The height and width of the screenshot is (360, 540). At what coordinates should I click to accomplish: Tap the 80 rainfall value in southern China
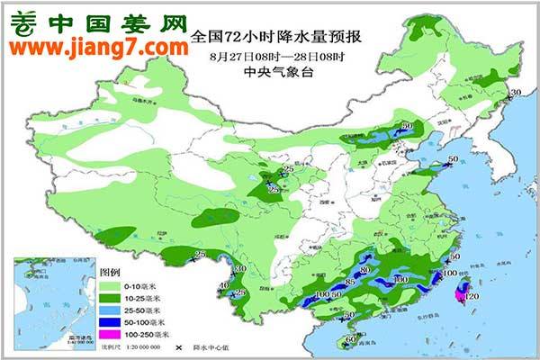click(x=364, y=270)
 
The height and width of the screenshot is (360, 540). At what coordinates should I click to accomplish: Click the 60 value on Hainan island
click(x=351, y=339)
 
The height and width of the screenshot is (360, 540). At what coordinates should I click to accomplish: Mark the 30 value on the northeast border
click(x=516, y=94)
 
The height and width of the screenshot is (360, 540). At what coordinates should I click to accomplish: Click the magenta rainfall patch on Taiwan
click(x=464, y=293)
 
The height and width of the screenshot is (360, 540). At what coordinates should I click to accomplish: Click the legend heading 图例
click(x=110, y=271)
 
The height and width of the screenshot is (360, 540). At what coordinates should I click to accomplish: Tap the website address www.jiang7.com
click(x=94, y=45)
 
